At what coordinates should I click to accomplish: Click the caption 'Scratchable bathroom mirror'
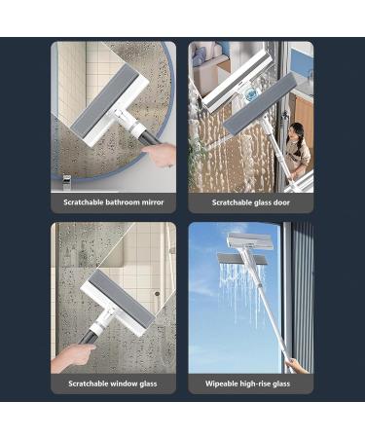click(114, 203)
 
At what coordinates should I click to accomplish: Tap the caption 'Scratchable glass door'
click(251, 203)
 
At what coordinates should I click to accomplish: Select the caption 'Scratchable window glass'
click(114, 383)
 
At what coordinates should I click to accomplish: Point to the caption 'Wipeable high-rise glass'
click(251, 383)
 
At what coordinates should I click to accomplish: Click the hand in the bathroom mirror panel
click(157, 153)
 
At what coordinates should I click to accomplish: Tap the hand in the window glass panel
click(70, 355)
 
